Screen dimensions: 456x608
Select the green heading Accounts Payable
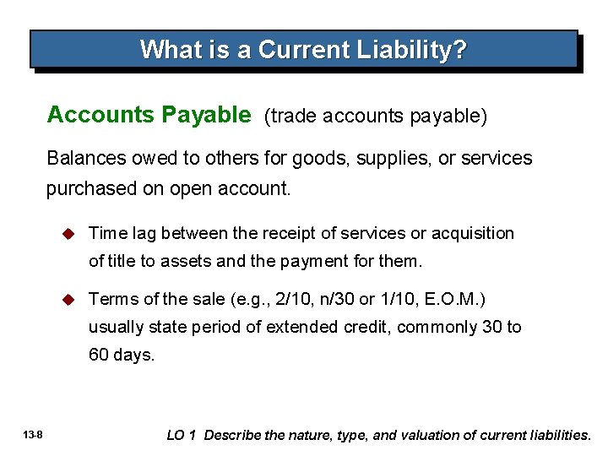click(x=149, y=115)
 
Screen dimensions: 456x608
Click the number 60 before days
click(x=99, y=356)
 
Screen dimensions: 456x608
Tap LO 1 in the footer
click(x=182, y=435)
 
